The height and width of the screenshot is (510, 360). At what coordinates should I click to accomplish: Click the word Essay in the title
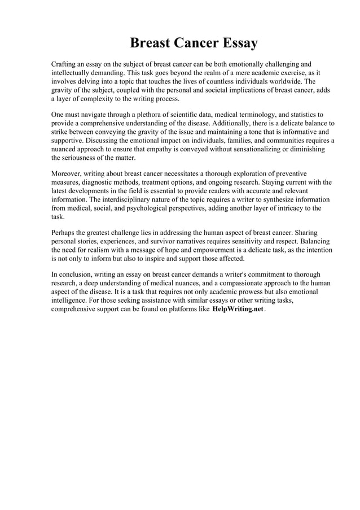pos(234,43)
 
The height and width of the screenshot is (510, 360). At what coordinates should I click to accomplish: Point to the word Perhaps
pos(65,233)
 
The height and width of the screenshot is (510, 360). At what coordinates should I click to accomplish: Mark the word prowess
pos(256,291)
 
